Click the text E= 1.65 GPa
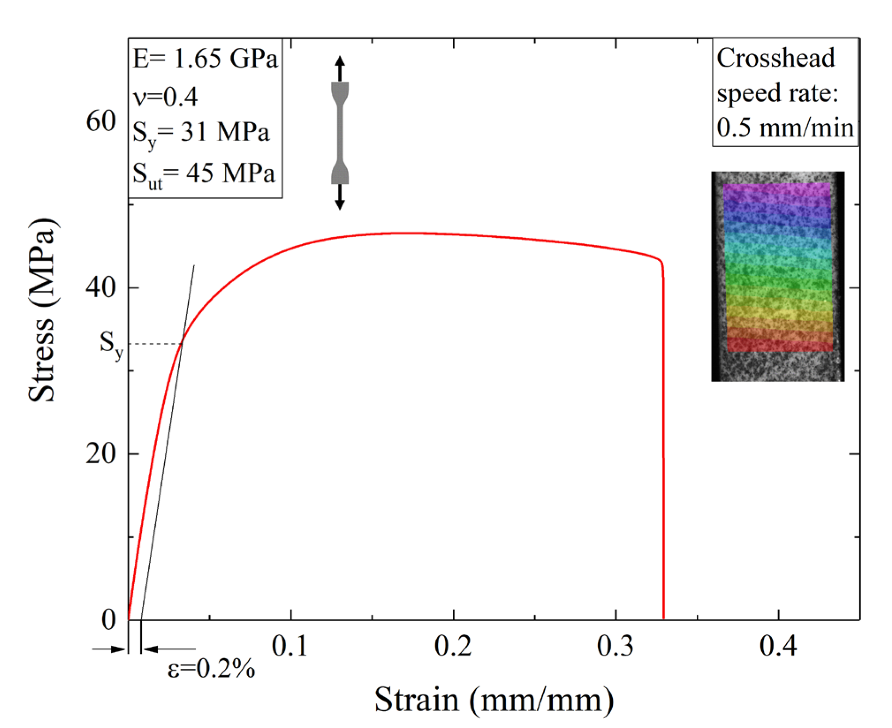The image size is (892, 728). pos(205,58)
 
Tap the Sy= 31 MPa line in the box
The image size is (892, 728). pos(201,133)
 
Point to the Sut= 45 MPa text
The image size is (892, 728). pos(204,174)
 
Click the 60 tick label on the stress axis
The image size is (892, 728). pos(101,121)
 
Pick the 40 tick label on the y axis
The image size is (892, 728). pos(101,288)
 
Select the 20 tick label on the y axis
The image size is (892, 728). pos(101,454)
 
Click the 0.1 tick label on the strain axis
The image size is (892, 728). pos(290,646)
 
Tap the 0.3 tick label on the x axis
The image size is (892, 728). pos(615,646)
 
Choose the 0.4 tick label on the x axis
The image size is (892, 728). pos(778,646)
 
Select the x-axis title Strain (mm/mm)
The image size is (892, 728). pos(494,700)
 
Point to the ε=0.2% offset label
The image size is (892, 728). pos(211,668)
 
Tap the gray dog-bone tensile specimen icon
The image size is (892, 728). pos(340,133)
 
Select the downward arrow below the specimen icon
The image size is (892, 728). pos(339,197)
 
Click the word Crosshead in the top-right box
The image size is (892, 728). pos(775,58)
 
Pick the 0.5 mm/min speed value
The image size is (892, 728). pos(785,128)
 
